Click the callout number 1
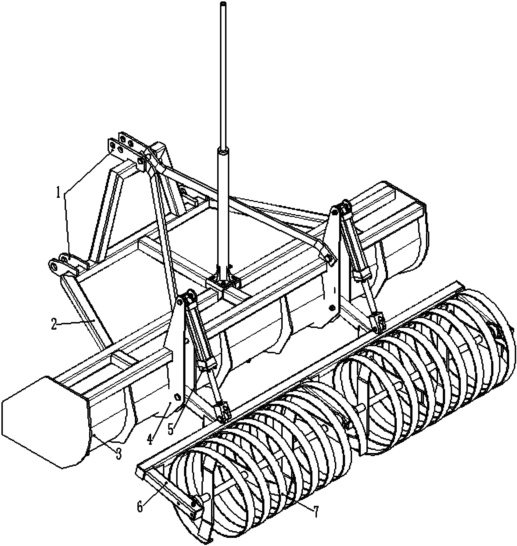coord(59,194)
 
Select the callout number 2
coord(54,325)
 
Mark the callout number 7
coord(316,512)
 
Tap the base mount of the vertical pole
coord(224,283)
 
